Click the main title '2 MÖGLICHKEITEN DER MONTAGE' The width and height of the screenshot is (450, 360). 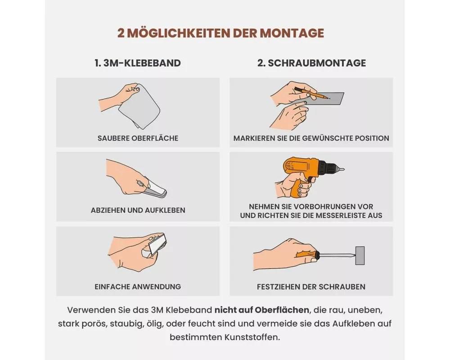pyautogui.click(x=220, y=33)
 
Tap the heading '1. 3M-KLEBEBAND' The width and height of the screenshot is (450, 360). pyautogui.click(x=138, y=63)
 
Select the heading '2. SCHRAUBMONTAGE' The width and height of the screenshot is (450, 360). pyautogui.click(x=311, y=63)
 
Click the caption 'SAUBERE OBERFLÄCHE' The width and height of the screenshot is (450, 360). pyautogui.click(x=138, y=138)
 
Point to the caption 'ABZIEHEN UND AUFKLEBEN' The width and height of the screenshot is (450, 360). pyautogui.click(x=138, y=210)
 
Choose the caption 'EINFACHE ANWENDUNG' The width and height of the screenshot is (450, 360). pyautogui.click(x=138, y=287)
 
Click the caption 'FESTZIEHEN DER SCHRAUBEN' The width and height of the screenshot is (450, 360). pyautogui.click(x=311, y=287)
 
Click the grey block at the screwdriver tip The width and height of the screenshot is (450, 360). pyautogui.click(x=360, y=255)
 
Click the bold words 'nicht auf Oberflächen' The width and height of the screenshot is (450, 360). pyautogui.click(x=262, y=310)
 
